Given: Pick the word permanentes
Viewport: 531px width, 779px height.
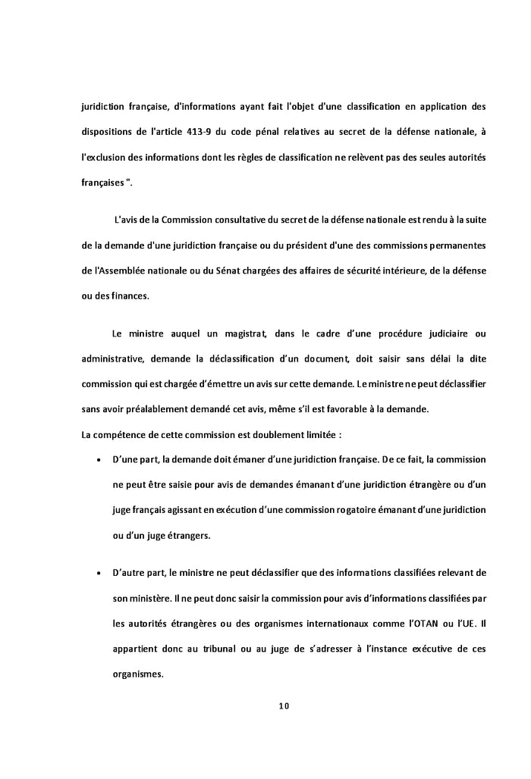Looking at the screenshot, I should click(457, 246).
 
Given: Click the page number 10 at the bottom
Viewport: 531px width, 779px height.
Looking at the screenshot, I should click(284, 706).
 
